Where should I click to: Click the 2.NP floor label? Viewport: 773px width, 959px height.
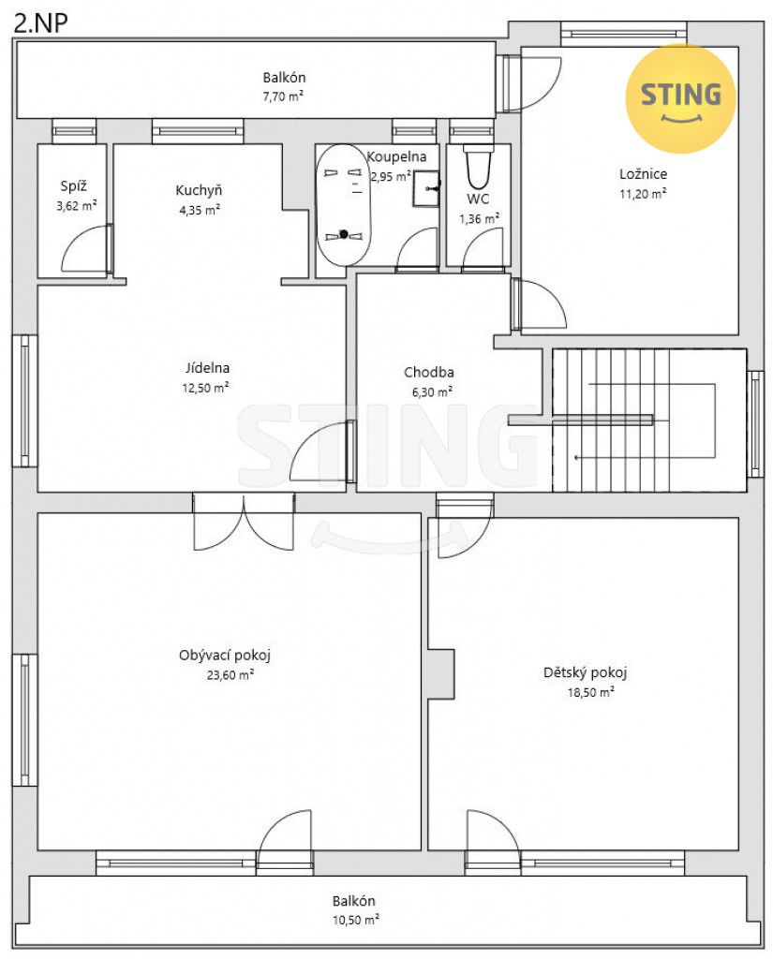point(40,22)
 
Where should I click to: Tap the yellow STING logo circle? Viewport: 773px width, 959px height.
point(680,97)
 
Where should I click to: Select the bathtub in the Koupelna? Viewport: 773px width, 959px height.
point(343,205)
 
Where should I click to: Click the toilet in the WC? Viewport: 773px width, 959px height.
point(478,167)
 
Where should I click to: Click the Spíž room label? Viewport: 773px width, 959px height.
point(73,186)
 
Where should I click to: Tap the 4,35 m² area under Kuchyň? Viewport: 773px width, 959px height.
point(200,210)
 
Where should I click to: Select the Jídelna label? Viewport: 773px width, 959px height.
point(207,368)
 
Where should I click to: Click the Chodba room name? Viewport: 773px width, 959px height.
point(429,372)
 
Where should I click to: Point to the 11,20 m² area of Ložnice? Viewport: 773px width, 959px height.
point(643,194)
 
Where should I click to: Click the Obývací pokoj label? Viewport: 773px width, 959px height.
point(225,656)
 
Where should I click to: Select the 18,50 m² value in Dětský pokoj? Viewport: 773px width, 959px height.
point(590,692)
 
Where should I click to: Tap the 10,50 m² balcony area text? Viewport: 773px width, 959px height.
point(356,920)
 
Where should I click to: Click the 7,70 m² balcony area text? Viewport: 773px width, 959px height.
point(283,96)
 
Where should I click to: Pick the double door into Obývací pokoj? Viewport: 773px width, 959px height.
point(244,522)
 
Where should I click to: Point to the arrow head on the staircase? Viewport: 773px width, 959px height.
point(576,457)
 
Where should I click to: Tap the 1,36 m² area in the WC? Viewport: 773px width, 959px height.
point(479,218)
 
